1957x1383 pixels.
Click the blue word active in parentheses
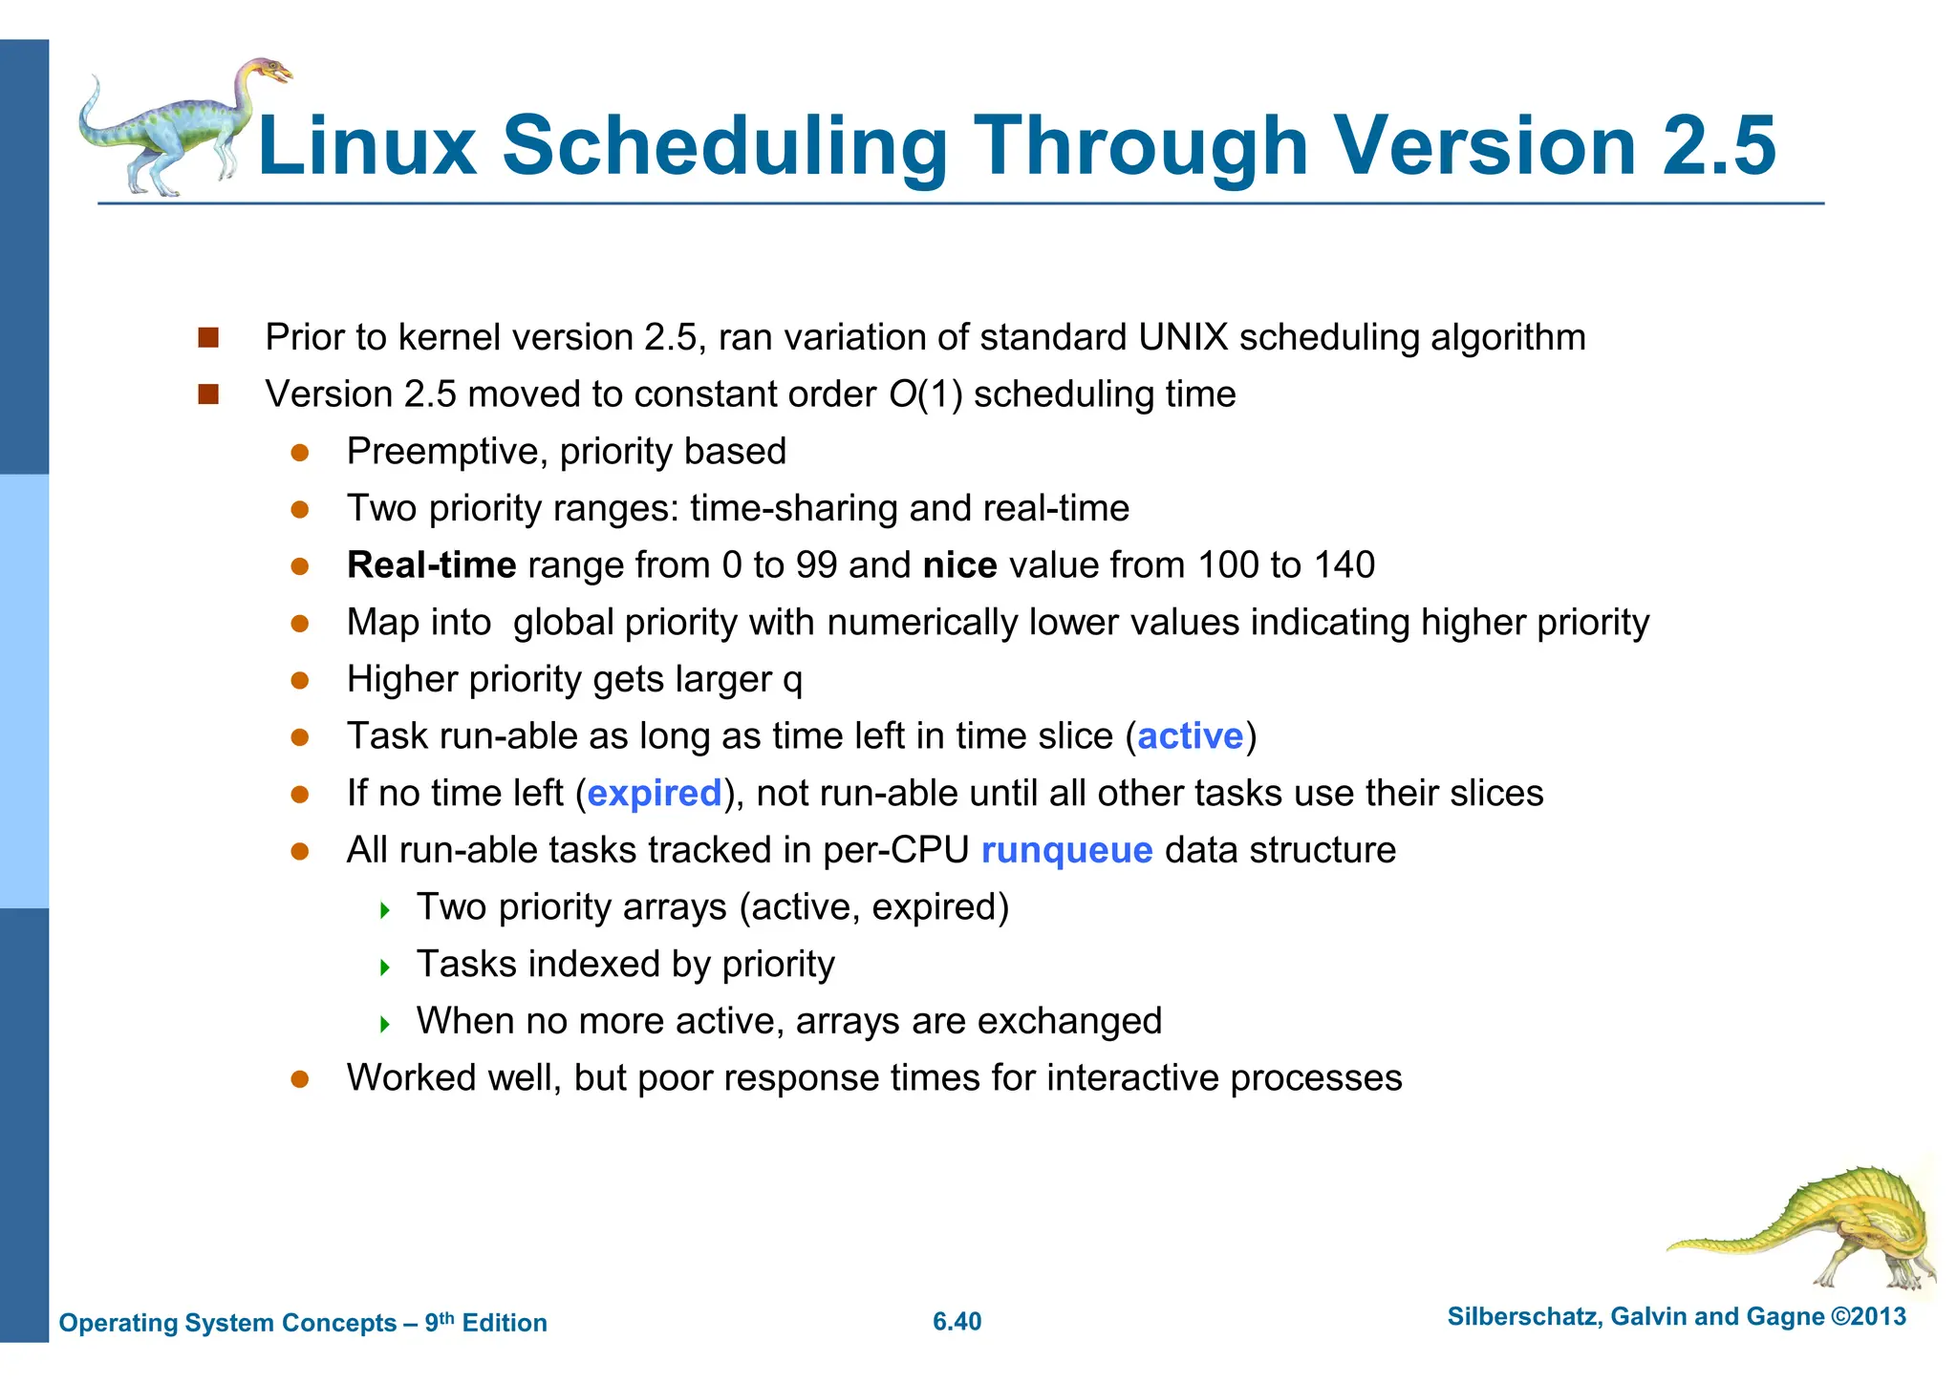(1190, 736)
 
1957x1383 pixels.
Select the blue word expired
(655, 794)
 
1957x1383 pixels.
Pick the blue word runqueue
(1066, 850)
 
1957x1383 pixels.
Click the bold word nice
(959, 565)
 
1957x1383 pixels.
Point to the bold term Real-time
(431, 565)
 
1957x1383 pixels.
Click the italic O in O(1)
(902, 394)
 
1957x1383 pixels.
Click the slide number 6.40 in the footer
(957, 1322)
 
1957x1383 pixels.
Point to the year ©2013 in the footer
(1868, 1317)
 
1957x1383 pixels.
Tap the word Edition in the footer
(505, 1323)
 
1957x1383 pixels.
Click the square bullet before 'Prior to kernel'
(208, 337)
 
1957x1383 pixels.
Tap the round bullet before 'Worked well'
(300, 1079)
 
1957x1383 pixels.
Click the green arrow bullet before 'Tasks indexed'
(385, 968)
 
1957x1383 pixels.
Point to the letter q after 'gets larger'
(792, 682)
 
